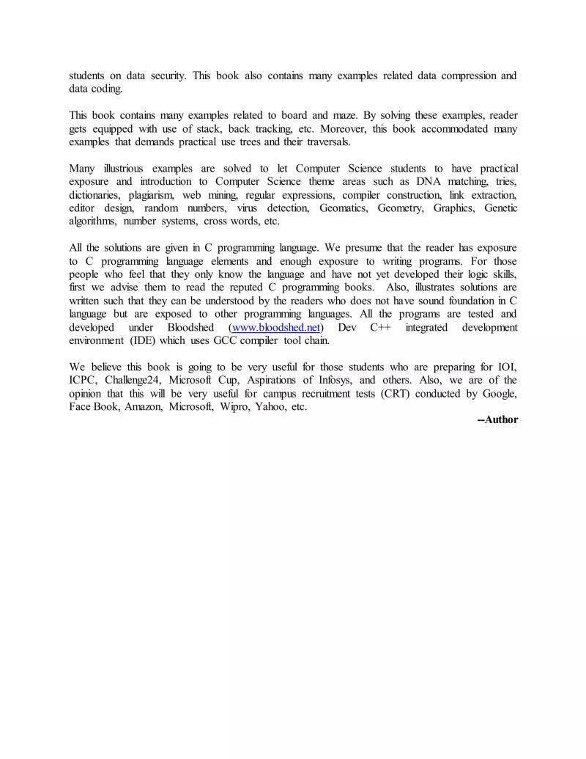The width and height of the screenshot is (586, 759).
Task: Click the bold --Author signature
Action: [497, 420]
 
